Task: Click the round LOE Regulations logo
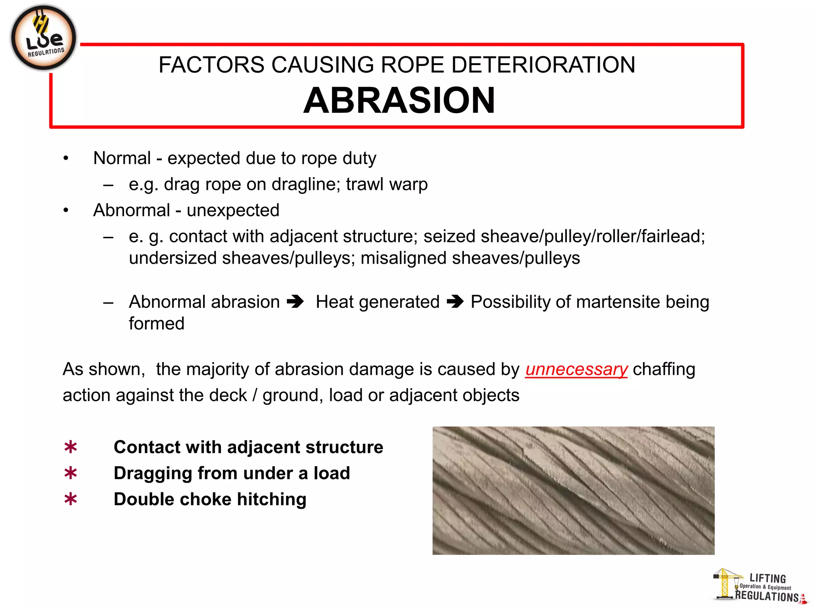(43, 38)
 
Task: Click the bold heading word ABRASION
(399, 100)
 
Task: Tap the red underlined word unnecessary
(576, 369)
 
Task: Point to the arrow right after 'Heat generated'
(455, 302)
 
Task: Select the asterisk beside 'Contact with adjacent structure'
(71, 448)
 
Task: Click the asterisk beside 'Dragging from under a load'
(71, 473)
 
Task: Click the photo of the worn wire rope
(573, 490)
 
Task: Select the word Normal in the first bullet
(122, 158)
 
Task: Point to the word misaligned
(403, 258)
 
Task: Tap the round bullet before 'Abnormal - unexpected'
(66, 210)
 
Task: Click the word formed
(157, 324)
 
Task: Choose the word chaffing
(664, 369)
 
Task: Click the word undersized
(172, 258)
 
